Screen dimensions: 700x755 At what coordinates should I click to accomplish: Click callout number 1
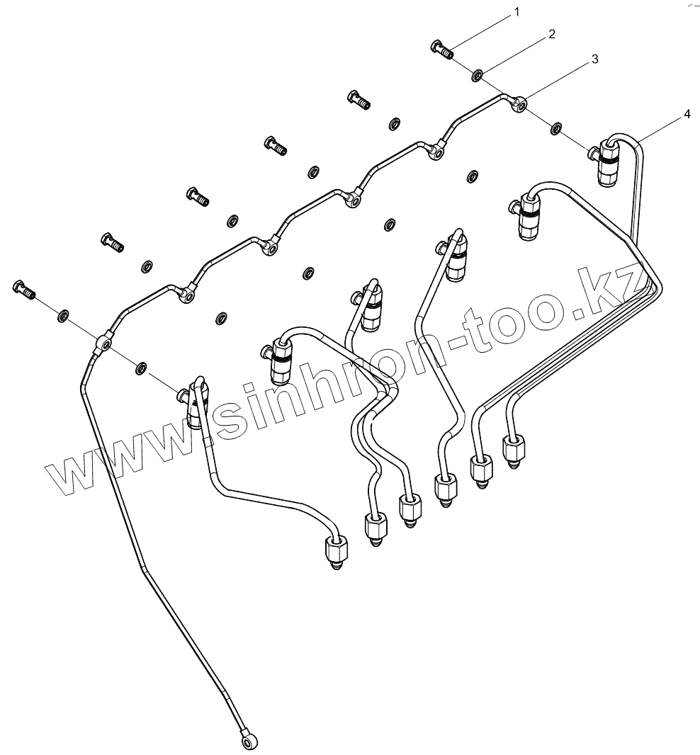(516, 12)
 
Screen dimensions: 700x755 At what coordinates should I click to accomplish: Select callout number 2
(551, 34)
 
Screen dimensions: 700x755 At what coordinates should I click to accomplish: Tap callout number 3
(594, 59)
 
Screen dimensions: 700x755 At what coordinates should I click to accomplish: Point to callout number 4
(686, 114)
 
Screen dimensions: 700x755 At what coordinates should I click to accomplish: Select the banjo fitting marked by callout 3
(519, 106)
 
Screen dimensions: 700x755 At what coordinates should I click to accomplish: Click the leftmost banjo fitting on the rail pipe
(103, 345)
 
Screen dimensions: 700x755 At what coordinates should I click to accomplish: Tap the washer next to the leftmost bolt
(63, 314)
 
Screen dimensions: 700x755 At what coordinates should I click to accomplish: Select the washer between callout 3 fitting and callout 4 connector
(557, 128)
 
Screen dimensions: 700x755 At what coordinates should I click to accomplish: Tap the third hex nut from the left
(410, 507)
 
